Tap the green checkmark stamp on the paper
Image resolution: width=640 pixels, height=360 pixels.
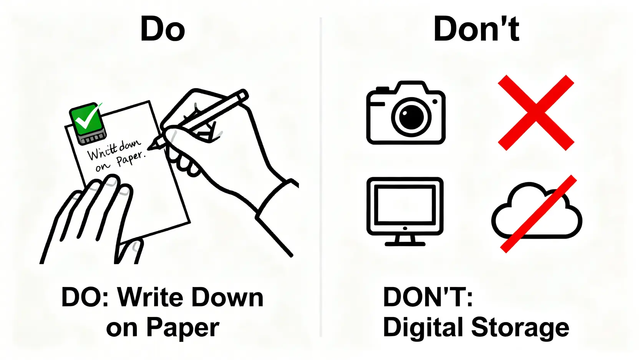tap(88, 123)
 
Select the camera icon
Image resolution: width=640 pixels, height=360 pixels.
tap(406, 113)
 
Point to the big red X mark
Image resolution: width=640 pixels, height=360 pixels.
tap(536, 113)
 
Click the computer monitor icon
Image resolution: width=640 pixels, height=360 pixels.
tap(405, 211)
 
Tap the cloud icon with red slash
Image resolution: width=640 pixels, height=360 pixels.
tap(537, 214)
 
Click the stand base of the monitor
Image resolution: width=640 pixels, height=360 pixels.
tap(405, 244)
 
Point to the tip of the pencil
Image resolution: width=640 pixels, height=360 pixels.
tap(148, 149)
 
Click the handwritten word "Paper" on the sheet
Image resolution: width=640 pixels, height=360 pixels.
tap(131, 159)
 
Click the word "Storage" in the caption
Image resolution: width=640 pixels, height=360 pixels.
tap(520, 328)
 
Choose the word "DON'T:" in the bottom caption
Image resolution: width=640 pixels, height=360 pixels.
tap(428, 297)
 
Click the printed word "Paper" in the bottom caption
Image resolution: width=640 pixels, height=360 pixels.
tap(183, 328)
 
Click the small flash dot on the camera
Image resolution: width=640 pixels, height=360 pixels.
tap(435, 101)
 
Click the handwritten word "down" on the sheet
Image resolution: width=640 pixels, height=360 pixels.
tap(130, 146)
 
